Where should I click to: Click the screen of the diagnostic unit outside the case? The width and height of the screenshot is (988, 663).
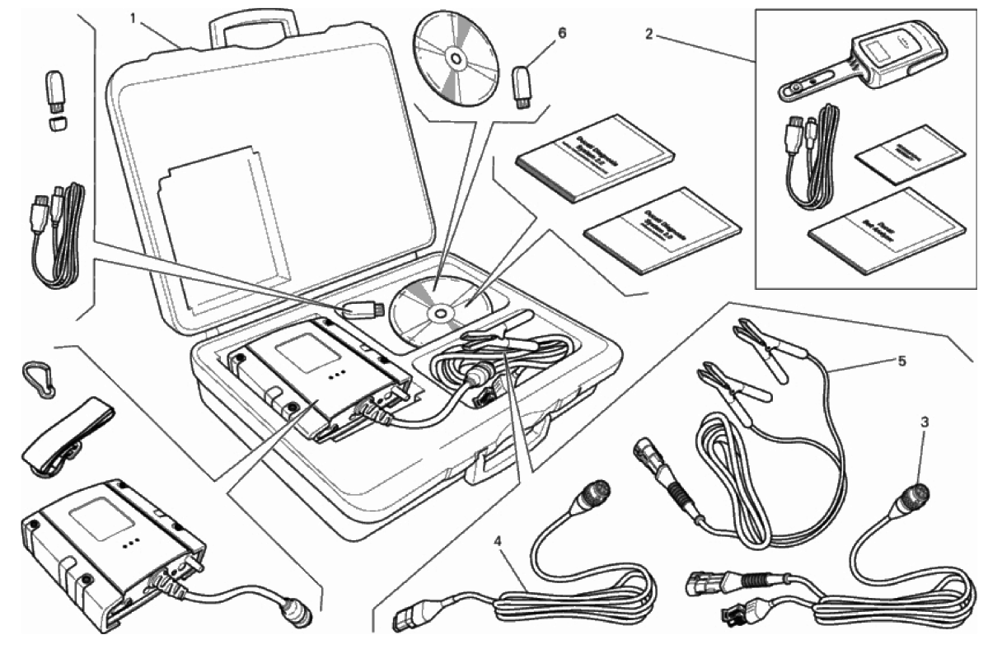pos(97,521)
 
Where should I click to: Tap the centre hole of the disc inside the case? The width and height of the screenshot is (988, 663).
pos(438,312)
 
